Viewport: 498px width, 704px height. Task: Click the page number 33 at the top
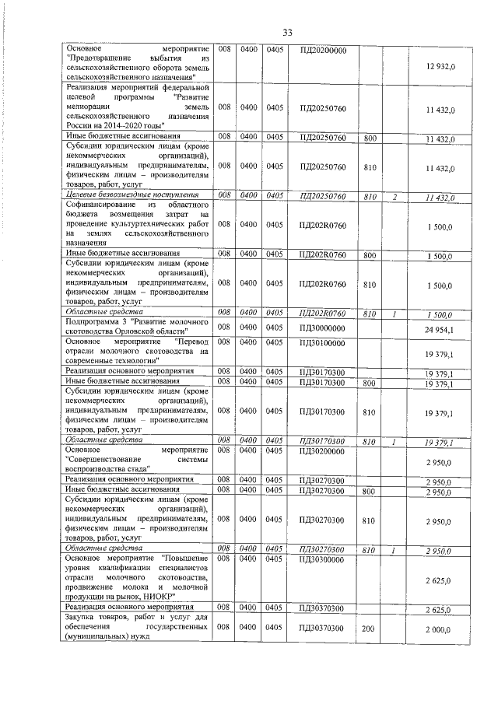coord(286,32)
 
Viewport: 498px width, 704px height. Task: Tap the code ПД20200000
coord(322,51)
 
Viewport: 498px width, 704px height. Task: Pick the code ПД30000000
coord(322,327)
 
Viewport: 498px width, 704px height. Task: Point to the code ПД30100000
coord(322,341)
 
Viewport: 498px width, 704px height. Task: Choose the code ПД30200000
coord(322,450)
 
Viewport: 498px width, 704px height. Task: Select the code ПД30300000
coord(322,559)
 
